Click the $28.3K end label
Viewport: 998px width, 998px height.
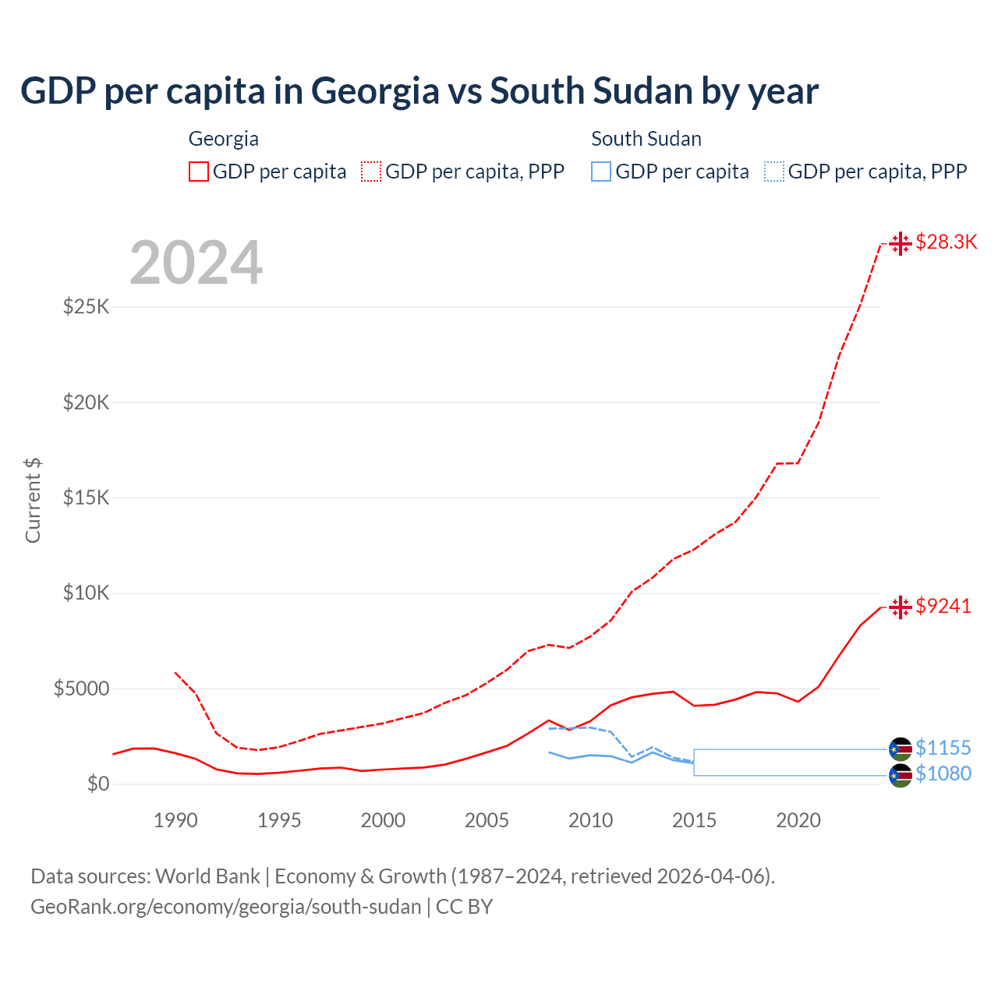tap(946, 242)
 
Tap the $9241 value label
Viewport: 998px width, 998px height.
tap(943, 606)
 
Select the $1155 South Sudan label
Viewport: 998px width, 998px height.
tap(943, 748)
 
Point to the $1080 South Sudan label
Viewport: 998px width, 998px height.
tap(943, 773)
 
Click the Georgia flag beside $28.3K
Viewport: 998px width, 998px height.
tap(901, 243)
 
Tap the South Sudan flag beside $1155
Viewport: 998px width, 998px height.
tap(901, 749)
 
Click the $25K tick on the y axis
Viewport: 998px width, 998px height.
tap(87, 306)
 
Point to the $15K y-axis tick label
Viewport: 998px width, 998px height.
tap(87, 497)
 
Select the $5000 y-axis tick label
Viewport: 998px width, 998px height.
tap(81, 688)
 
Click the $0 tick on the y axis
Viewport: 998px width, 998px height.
tap(98, 784)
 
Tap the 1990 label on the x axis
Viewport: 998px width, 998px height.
tap(175, 820)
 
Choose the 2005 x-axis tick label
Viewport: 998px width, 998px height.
tap(487, 820)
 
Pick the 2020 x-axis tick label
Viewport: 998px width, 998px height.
tap(798, 820)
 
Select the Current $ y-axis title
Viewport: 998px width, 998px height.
tap(33, 501)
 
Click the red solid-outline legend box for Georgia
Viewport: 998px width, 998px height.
tap(199, 172)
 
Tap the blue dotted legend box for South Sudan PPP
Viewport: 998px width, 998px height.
tap(774, 172)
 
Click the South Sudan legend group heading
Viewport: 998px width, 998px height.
tap(646, 139)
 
